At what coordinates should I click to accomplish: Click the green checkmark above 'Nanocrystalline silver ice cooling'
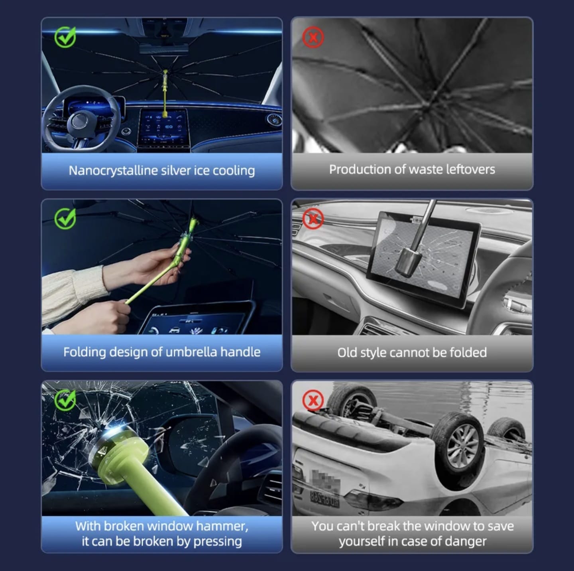(65, 37)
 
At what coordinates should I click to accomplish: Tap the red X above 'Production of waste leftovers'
(313, 38)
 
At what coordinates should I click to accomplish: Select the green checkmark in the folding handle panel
(65, 219)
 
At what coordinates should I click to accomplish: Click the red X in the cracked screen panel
(313, 219)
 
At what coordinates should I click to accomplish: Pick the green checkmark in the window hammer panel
(65, 400)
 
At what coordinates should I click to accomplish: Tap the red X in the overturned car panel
(313, 400)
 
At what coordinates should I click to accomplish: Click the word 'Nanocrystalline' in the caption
(113, 171)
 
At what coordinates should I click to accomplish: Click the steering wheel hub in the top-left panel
(79, 121)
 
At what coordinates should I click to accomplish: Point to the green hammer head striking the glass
(121, 447)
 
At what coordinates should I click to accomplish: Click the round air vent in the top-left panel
(273, 120)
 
